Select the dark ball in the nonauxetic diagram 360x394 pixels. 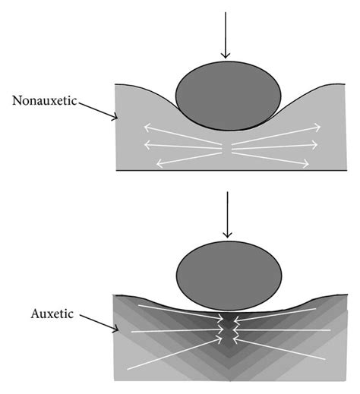[228, 94]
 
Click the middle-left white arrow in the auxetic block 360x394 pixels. [175, 331]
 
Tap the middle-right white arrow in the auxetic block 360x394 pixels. [281, 331]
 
